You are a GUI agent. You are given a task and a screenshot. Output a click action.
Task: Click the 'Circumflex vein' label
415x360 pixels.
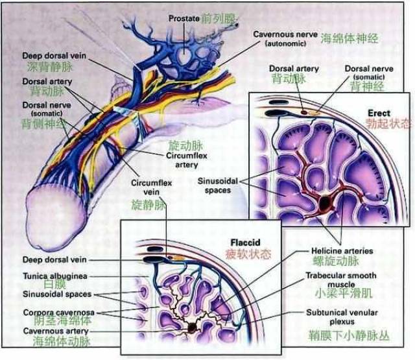tap(149, 187)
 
